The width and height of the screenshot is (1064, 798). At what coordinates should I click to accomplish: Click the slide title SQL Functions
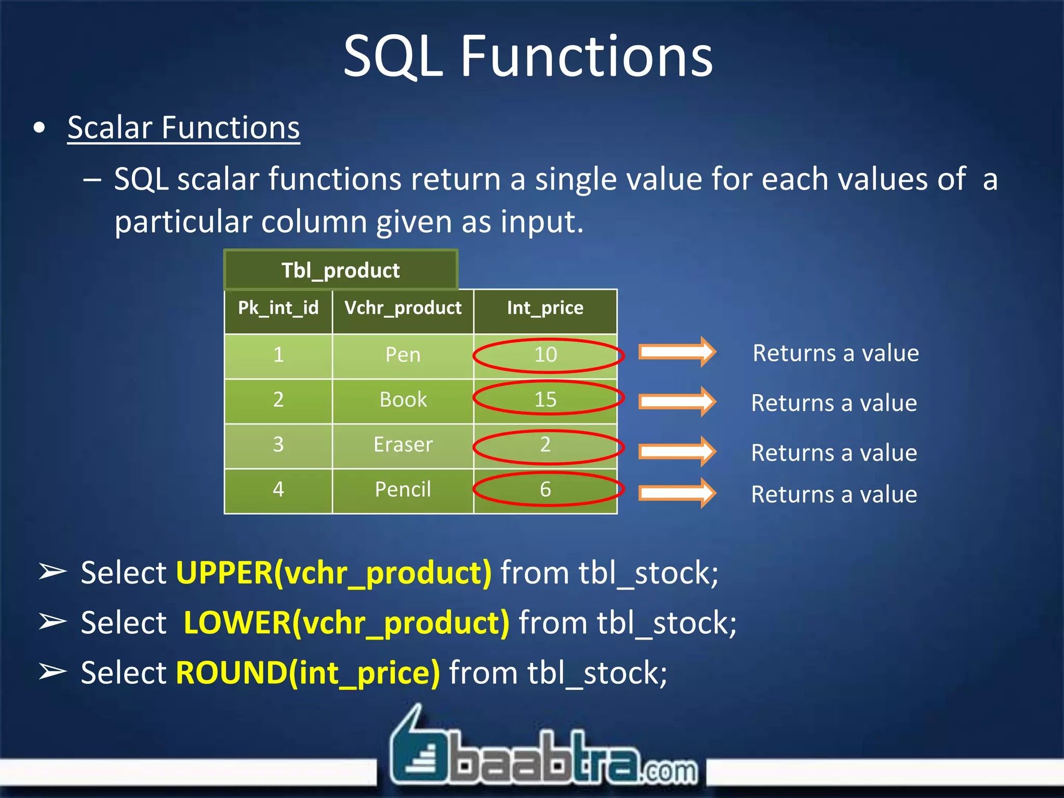[528, 56]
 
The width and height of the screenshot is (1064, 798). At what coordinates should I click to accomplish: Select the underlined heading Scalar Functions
[183, 128]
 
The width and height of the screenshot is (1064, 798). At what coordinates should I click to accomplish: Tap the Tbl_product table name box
[341, 270]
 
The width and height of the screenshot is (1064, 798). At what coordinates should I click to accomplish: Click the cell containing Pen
[403, 355]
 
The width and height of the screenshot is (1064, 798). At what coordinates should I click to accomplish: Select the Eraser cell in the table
[403, 445]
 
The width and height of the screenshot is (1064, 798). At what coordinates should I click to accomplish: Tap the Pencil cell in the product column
[403, 490]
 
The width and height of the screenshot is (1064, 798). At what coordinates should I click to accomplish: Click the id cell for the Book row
[278, 400]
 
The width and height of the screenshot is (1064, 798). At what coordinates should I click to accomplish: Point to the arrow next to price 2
[677, 451]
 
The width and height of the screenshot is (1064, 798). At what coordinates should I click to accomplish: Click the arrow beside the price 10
[677, 352]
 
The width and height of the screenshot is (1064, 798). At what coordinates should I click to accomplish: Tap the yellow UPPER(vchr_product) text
[334, 574]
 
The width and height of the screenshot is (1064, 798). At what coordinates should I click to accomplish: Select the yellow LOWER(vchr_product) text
[347, 623]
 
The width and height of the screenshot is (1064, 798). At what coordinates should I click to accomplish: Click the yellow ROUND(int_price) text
[308, 673]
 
